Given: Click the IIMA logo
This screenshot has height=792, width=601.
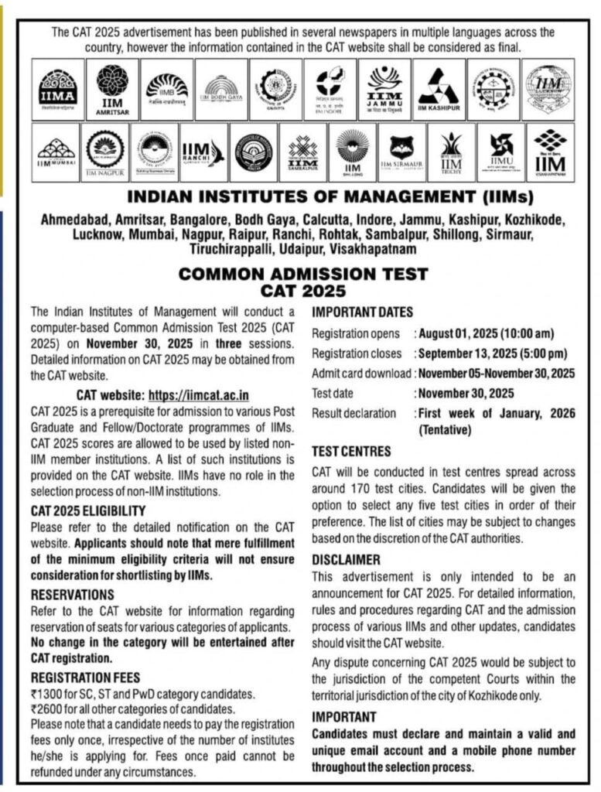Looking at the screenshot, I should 58,90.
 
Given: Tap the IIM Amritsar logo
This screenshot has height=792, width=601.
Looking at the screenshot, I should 112,90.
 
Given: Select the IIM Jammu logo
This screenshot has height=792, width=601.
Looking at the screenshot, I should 384,90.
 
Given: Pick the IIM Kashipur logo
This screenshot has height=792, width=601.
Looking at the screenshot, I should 439,90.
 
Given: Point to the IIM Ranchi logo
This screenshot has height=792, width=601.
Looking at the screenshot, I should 203,152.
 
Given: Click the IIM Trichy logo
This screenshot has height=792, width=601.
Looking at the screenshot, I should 451,152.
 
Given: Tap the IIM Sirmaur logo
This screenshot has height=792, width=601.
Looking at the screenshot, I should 401,152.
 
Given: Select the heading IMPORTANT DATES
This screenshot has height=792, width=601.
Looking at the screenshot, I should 362,312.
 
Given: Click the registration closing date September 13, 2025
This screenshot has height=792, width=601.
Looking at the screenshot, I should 493,354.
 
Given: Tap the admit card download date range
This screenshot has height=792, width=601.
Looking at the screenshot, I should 496,374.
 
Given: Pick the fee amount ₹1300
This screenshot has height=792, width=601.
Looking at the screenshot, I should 49,695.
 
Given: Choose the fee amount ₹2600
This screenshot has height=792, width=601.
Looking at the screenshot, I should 49,709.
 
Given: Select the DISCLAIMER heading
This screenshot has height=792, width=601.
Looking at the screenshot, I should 346,559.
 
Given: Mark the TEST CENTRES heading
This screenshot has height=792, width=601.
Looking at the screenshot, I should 352,451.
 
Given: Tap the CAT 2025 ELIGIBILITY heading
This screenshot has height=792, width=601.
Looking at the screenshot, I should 88,510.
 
